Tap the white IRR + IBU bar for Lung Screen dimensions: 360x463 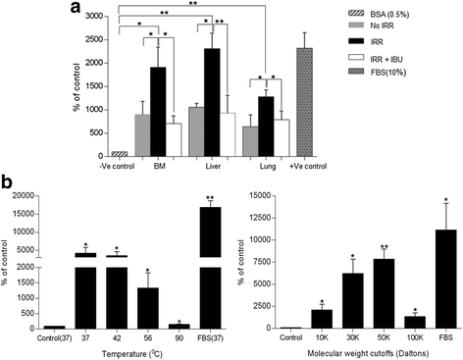click(x=281, y=137)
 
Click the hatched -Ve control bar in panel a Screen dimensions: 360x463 click(x=94, y=153)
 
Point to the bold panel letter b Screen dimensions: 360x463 click(x=8, y=183)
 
